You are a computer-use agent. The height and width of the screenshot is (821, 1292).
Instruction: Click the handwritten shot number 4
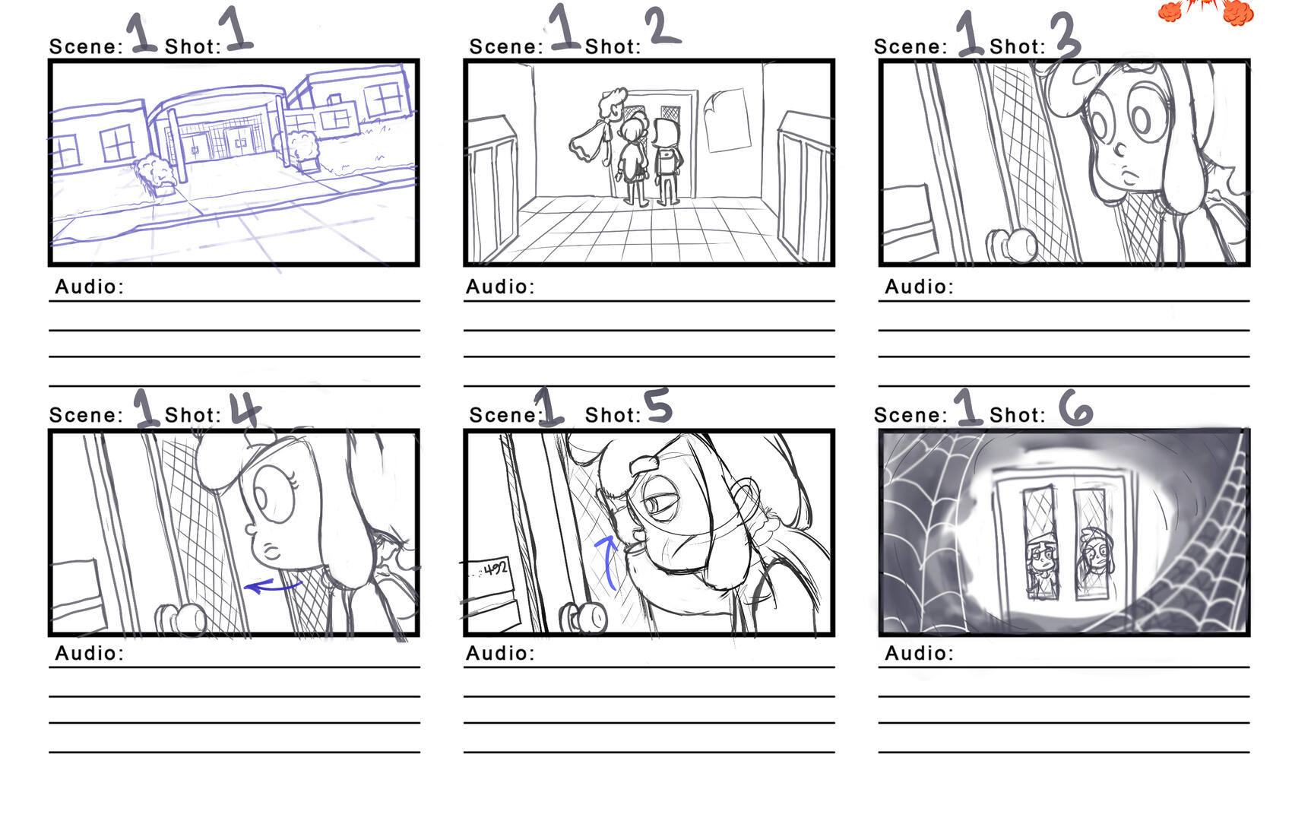[245, 410]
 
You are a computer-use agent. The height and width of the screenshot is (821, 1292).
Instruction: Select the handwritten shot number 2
[662, 28]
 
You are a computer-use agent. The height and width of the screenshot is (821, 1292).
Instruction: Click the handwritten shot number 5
[658, 405]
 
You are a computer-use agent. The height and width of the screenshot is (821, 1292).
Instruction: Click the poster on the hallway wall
[727, 120]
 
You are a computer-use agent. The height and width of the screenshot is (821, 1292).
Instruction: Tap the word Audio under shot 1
[89, 287]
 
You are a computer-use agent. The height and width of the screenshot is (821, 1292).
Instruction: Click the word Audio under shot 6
[919, 653]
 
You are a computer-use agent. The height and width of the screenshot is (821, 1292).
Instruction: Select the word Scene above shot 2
[505, 47]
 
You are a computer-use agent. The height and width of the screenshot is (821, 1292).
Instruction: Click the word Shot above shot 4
[192, 415]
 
